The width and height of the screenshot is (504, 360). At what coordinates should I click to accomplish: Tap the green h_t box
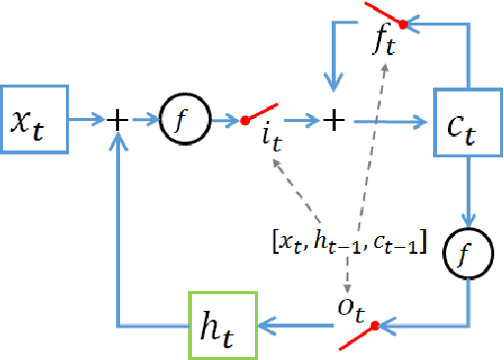tap(223, 325)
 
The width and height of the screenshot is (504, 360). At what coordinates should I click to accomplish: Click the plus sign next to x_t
tap(117, 120)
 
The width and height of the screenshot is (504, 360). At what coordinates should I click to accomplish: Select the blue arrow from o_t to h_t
tap(295, 325)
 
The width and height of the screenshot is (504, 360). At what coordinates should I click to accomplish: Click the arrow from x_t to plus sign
tap(87, 120)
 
